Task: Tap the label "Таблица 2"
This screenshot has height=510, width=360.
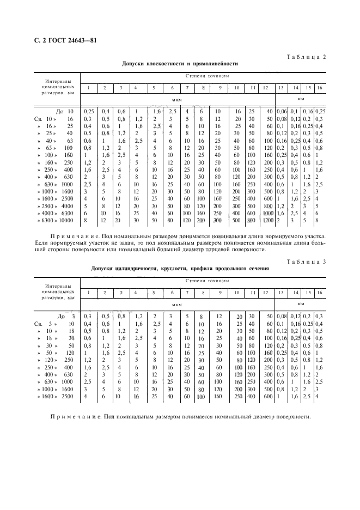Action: [x=306, y=57]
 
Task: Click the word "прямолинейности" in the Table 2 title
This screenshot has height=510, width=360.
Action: [x=213, y=64]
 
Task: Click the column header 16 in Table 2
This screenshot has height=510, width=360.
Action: [x=320, y=88]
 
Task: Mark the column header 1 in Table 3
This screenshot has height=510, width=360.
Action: [x=88, y=293]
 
